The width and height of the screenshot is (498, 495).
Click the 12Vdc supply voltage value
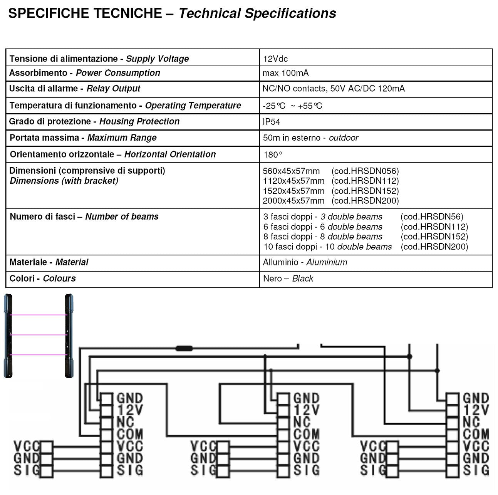[275, 59]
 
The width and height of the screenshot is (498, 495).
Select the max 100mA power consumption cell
[285, 73]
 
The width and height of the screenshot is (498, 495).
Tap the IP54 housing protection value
[271, 122]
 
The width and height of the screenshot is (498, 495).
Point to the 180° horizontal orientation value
[273, 155]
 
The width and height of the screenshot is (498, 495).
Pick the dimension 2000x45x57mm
[293, 201]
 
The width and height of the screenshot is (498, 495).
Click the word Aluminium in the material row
[327, 262]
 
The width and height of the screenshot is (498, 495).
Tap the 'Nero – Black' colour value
[288, 279]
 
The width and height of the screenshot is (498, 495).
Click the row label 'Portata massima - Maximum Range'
[83, 138]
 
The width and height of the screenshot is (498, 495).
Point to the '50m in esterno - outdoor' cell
[310, 138]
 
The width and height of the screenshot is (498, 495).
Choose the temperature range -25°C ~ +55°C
[292, 106]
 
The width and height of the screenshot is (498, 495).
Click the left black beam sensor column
[8, 335]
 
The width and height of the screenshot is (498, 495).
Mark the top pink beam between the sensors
[39, 315]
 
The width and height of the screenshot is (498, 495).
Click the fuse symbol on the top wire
[184, 349]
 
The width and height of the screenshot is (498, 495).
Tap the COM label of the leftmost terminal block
[129, 435]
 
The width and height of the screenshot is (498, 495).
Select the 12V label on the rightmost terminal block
[476, 410]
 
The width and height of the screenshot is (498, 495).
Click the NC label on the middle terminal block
[302, 422]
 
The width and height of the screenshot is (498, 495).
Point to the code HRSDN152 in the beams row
[434, 237]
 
